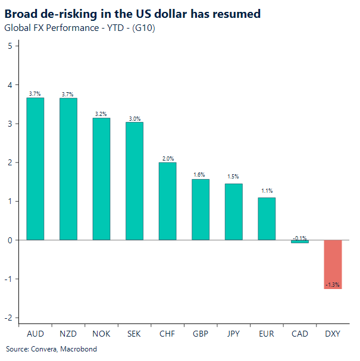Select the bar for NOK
[x=101, y=178]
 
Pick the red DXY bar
[x=333, y=264]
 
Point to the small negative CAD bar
[x=300, y=241]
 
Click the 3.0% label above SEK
[x=134, y=118]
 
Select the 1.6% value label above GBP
[x=201, y=175]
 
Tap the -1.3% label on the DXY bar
[x=333, y=285]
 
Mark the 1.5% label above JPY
[x=233, y=177]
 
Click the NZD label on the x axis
[x=68, y=334]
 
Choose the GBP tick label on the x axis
[x=201, y=334]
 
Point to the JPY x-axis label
[x=233, y=334]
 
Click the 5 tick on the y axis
[x=10, y=46]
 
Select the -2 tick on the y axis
[x=8, y=318]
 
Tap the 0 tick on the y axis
[x=10, y=240]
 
